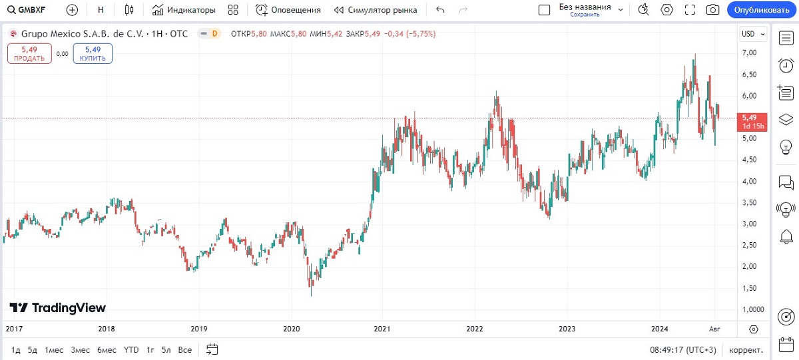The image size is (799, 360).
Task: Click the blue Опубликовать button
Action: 762,10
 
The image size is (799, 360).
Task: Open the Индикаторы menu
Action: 184,10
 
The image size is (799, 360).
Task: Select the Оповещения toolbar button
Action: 288,10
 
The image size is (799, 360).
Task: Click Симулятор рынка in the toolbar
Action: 376,10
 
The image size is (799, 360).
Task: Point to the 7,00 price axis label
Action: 749,53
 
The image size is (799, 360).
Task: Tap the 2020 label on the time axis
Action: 292,329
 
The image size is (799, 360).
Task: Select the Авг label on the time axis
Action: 714,329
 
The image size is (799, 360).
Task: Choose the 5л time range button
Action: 166,349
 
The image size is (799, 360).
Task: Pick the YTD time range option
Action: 131,349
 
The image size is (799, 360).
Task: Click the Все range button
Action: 186,349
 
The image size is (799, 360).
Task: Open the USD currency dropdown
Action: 753,34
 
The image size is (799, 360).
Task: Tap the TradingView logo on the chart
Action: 58,307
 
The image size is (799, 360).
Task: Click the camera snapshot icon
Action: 712,10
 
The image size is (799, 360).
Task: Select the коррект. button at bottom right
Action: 746,349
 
